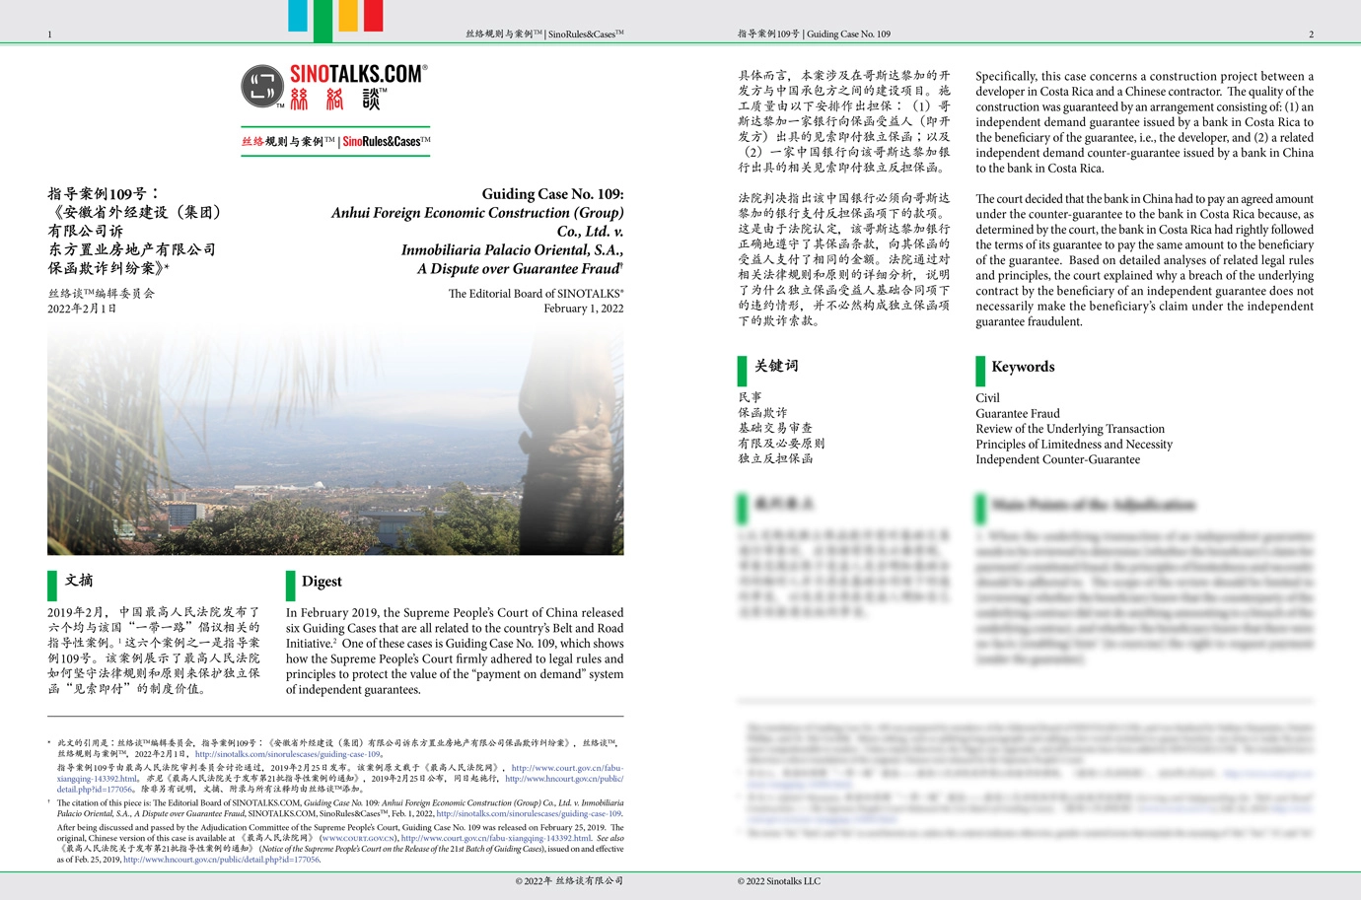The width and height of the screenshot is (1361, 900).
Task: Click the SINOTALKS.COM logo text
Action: (358, 74)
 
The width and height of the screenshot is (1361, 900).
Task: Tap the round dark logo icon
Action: (262, 86)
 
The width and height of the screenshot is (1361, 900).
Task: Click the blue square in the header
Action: (298, 16)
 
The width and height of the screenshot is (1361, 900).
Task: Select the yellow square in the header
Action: (348, 16)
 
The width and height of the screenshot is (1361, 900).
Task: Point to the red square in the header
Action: (373, 16)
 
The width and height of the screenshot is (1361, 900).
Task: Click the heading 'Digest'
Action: (322, 582)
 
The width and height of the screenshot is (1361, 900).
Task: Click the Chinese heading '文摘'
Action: (79, 581)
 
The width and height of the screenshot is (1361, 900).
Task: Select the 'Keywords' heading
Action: (1023, 367)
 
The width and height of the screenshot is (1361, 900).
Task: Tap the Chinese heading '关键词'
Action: (776, 366)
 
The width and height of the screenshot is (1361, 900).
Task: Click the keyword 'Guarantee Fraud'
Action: (1018, 414)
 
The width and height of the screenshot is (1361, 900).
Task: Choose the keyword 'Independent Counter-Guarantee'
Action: (1057, 459)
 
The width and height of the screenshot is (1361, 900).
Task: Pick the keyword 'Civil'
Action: (987, 398)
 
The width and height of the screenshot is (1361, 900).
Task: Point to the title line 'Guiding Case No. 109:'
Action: (552, 194)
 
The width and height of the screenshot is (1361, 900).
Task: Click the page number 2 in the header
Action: (1311, 35)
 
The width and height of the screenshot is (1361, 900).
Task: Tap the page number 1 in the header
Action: (49, 35)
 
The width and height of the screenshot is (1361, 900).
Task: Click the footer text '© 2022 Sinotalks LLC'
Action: (778, 881)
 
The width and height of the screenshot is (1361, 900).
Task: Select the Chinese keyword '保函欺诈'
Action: (762, 413)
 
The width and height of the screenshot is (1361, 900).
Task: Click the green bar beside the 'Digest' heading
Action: (291, 585)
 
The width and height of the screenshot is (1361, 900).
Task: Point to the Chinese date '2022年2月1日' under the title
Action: (82, 309)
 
